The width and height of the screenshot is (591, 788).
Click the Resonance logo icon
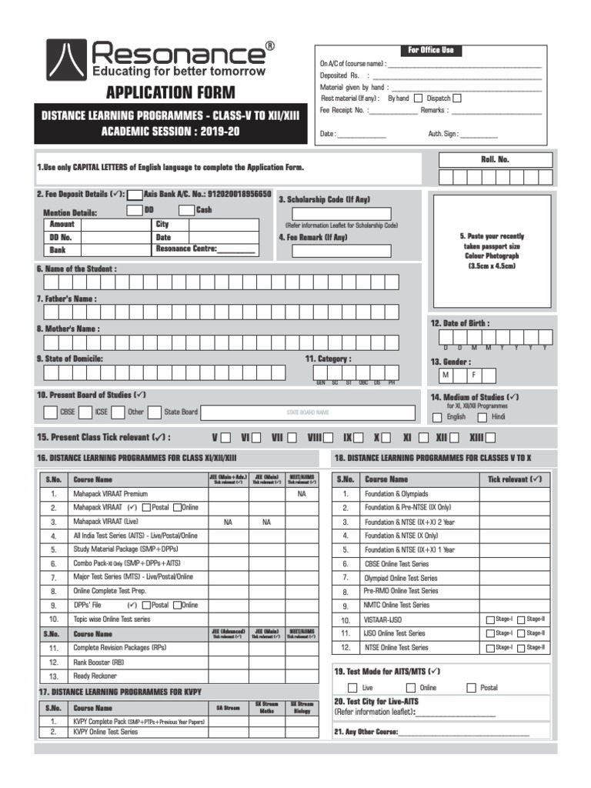(66, 59)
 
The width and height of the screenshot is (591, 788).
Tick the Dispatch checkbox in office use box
(457, 98)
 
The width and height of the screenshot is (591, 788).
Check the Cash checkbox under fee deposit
(186, 210)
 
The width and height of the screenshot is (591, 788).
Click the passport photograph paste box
(492, 250)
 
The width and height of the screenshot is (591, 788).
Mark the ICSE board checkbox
(85, 412)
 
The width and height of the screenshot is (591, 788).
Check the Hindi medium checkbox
(482, 417)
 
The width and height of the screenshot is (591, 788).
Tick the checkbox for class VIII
(329, 438)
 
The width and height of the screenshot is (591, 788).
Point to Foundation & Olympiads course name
(397, 494)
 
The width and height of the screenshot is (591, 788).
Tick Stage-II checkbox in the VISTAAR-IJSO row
(521, 619)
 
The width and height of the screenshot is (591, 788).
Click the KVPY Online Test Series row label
(105, 732)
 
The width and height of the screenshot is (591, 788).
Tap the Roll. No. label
(495, 159)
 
